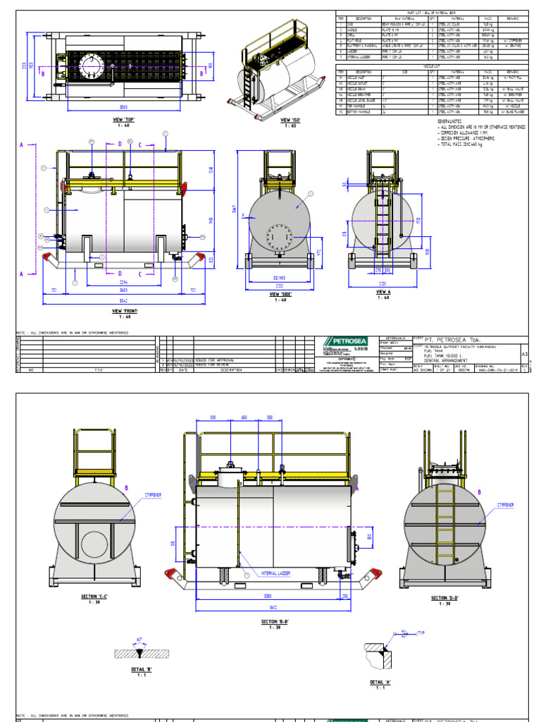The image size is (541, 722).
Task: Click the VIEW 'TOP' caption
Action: pyautogui.click(x=123, y=120)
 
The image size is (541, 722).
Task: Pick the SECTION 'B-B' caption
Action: pyautogui.click(x=275, y=623)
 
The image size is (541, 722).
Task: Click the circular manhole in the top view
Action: pyautogui.click(x=90, y=68)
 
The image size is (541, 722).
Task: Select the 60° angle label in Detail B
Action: pyautogui.click(x=140, y=639)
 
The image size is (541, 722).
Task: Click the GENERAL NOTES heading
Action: pyautogui.click(x=452, y=121)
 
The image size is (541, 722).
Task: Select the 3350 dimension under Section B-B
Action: pyautogui.click(x=268, y=596)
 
